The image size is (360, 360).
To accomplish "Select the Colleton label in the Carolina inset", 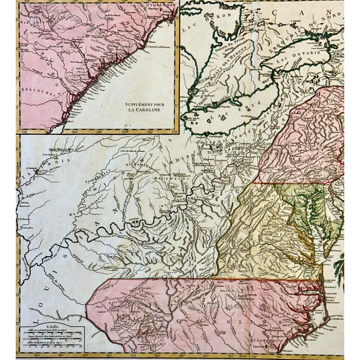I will click(123, 39).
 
